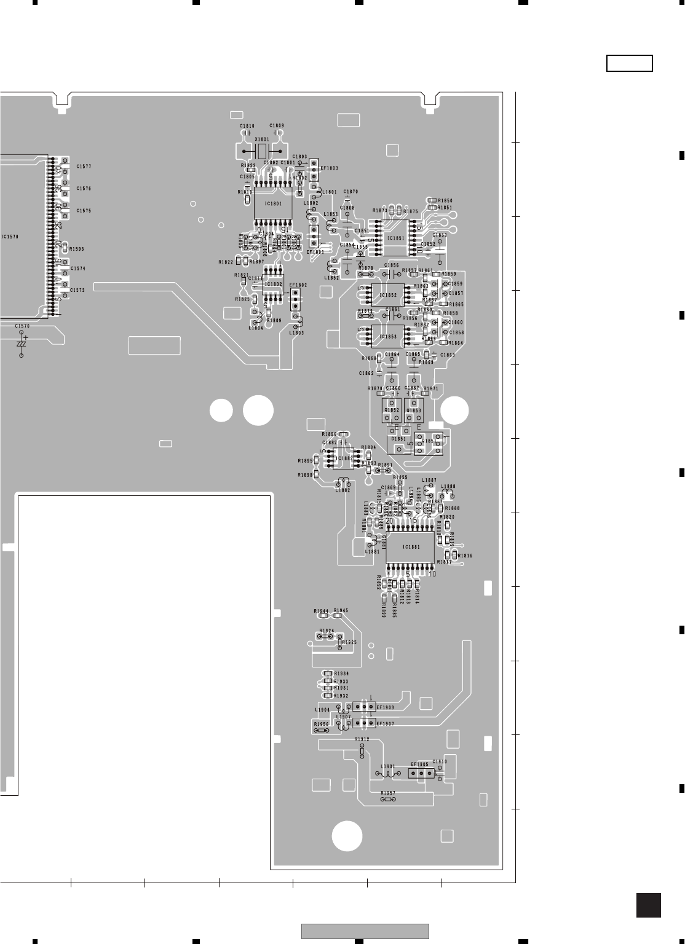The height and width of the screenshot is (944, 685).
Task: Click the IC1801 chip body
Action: (x=273, y=203)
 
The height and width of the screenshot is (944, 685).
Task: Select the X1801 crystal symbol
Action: (x=262, y=151)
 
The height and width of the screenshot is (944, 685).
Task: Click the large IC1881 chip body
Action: (x=410, y=547)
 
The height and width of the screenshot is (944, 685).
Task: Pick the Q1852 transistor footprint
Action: (x=392, y=410)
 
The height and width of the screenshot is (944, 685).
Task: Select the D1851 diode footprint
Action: (x=399, y=439)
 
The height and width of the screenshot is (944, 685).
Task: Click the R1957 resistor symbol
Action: (x=388, y=800)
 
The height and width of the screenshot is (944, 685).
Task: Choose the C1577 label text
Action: (x=84, y=167)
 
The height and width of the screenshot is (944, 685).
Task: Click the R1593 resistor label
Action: (x=77, y=249)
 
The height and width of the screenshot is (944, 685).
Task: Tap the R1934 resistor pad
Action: (x=328, y=674)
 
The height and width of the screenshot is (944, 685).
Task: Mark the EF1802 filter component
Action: (x=295, y=300)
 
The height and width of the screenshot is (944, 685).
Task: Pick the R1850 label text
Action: (x=445, y=201)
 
